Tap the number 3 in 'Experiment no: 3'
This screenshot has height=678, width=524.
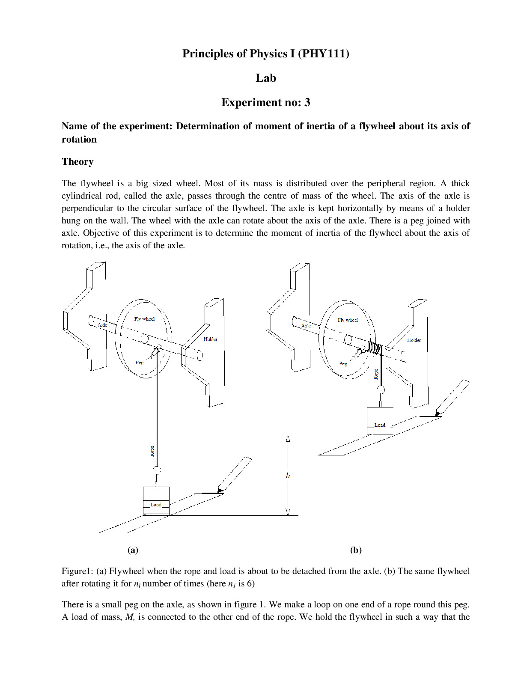click(x=307, y=102)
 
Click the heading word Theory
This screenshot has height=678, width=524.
click(x=77, y=161)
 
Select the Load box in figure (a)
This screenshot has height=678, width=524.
click(x=156, y=501)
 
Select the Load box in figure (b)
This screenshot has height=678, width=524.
click(x=380, y=421)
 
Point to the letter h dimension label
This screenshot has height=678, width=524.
click(x=288, y=476)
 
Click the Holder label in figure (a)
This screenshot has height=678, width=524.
click(x=210, y=339)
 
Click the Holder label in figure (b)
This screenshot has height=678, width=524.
click(x=414, y=340)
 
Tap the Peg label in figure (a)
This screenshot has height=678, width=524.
click(x=140, y=363)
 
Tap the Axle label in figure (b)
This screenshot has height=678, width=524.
click(x=306, y=326)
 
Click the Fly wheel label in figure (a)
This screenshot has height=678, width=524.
click(x=144, y=319)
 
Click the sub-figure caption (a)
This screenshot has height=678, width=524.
click(x=133, y=550)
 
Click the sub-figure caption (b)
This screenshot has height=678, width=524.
click(x=356, y=550)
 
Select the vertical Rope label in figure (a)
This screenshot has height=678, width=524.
click(x=152, y=451)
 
